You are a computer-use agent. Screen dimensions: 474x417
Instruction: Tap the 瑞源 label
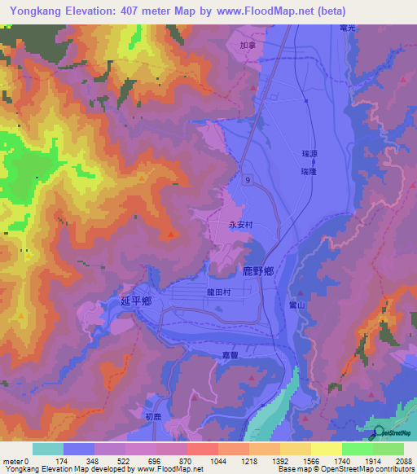[x=308, y=153]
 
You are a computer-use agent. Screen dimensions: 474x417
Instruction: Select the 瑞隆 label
[x=308, y=172]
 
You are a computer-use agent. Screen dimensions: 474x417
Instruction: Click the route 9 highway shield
[x=245, y=179]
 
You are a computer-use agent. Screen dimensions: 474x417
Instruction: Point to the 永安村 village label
[x=241, y=225]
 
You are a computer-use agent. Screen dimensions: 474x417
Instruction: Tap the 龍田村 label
[x=218, y=290]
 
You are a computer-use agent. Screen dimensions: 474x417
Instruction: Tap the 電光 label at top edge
[x=348, y=27]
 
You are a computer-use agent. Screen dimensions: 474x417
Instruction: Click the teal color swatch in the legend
[x=47, y=449]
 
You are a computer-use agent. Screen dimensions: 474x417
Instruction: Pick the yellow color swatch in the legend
[x=326, y=449]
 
